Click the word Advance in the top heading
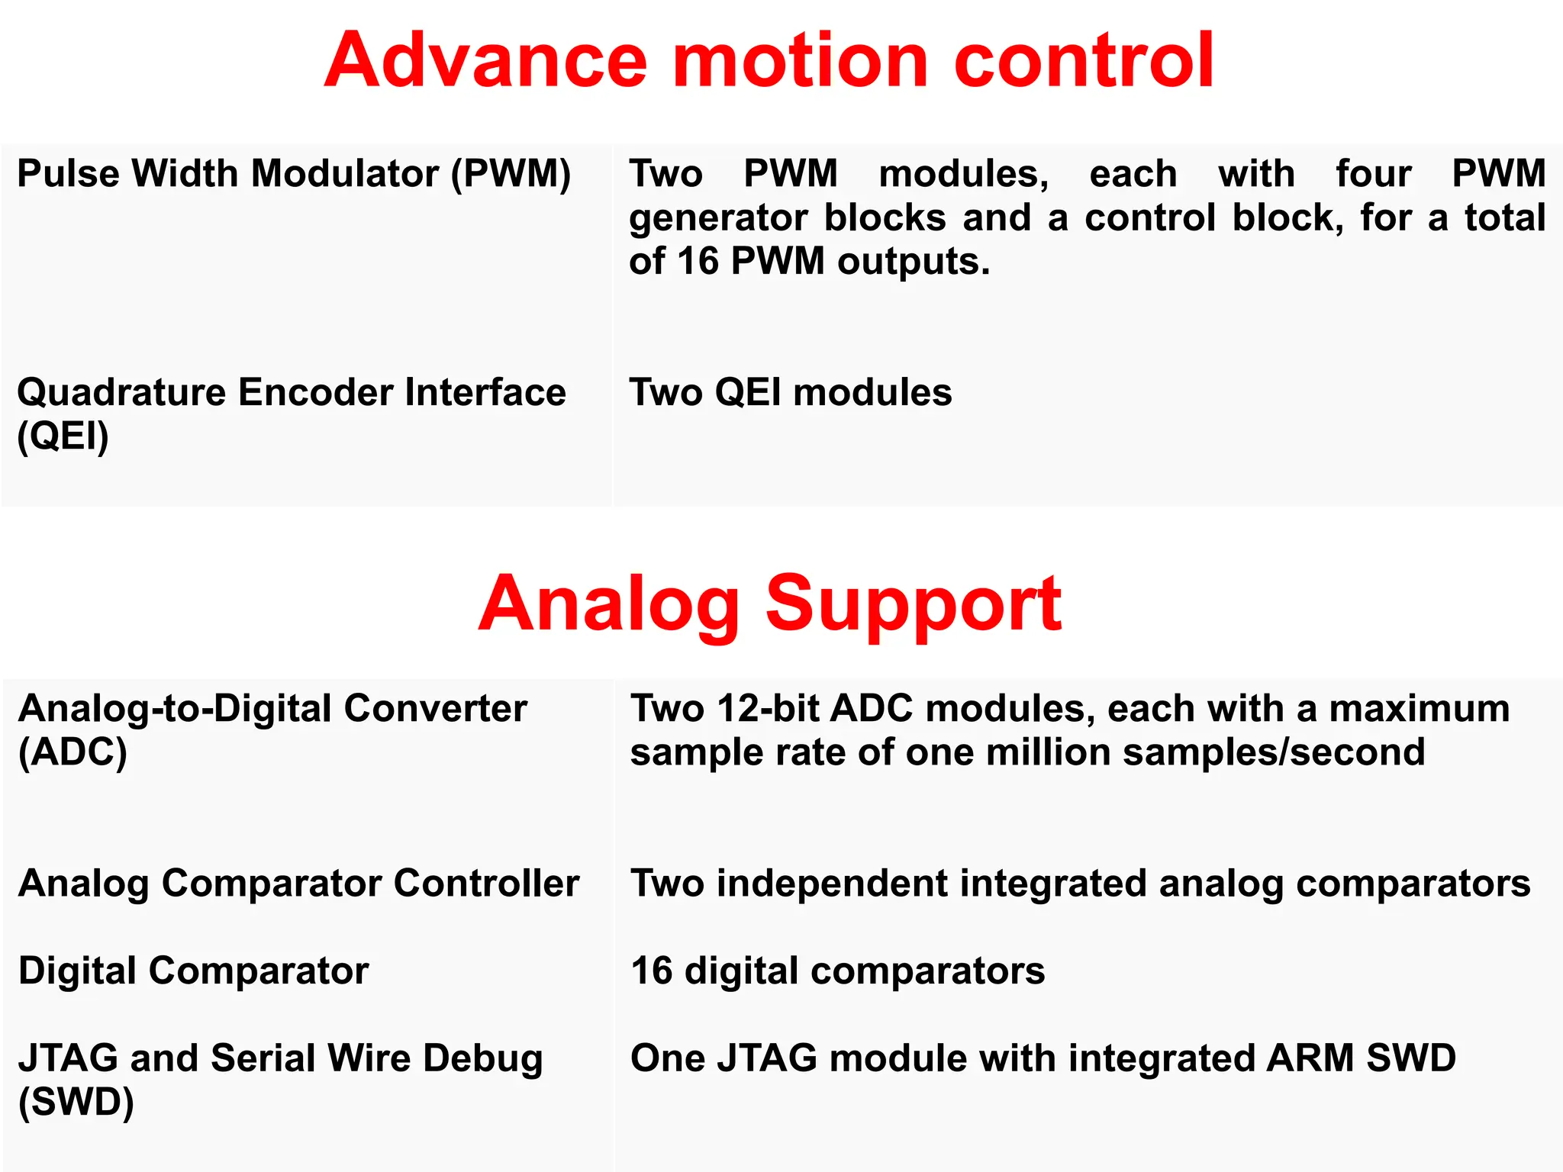[x=485, y=61]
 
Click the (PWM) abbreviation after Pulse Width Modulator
[x=511, y=174]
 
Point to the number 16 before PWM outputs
[x=698, y=262]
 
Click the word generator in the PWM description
[x=717, y=219]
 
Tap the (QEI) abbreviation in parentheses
[x=63, y=436]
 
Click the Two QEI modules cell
[x=790, y=394]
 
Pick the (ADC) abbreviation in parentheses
[x=73, y=753]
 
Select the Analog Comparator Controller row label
[x=298, y=884]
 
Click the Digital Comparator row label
[x=193, y=971]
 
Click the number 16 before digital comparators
[x=651, y=971]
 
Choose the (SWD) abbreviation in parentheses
[x=76, y=1103]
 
